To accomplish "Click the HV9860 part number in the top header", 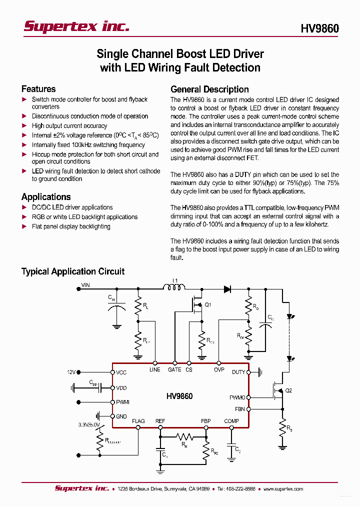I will (x=319, y=29).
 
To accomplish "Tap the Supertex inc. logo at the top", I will (x=76, y=27).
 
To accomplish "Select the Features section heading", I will (x=38, y=89).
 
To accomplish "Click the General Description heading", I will (x=209, y=89).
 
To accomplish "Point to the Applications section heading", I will (x=46, y=197).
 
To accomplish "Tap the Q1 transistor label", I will (x=208, y=304).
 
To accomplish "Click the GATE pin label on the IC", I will (x=174, y=369).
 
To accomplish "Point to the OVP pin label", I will (x=219, y=369).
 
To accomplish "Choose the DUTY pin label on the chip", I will (x=238, y=372).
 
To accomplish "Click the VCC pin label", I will (x=121, y=372).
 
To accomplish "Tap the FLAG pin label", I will (x=138, y=421).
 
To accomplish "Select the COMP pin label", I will (x=231, y=421).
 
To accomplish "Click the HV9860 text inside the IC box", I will (x=179, y=396).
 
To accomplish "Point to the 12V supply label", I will (x=71, y=372).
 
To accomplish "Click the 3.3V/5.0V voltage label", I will (x=89, y=424).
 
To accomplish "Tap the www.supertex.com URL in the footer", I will (x=283, y=489).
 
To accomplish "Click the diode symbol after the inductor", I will (x=227, y=288).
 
